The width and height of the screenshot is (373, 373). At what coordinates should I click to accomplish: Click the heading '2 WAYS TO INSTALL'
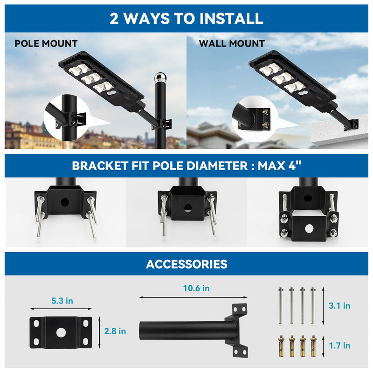pos(186,19)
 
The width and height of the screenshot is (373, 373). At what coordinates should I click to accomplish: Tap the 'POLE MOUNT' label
pos(46,44)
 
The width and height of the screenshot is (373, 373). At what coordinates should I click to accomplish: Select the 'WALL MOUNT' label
pos(232,44)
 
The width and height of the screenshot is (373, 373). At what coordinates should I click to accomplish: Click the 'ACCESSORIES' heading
pos(186,264)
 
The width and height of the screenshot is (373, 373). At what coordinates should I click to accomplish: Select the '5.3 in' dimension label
pos(62,301)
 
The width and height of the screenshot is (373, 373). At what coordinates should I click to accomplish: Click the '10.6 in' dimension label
pos(196,289)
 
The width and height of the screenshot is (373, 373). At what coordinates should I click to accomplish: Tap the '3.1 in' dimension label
pos(339,306)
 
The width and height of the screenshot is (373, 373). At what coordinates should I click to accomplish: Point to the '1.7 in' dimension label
pos(339,345)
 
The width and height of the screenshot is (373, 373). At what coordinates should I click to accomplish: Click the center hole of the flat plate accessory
pos(61,332)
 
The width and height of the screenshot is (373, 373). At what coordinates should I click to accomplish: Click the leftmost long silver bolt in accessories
pos(281,306)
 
